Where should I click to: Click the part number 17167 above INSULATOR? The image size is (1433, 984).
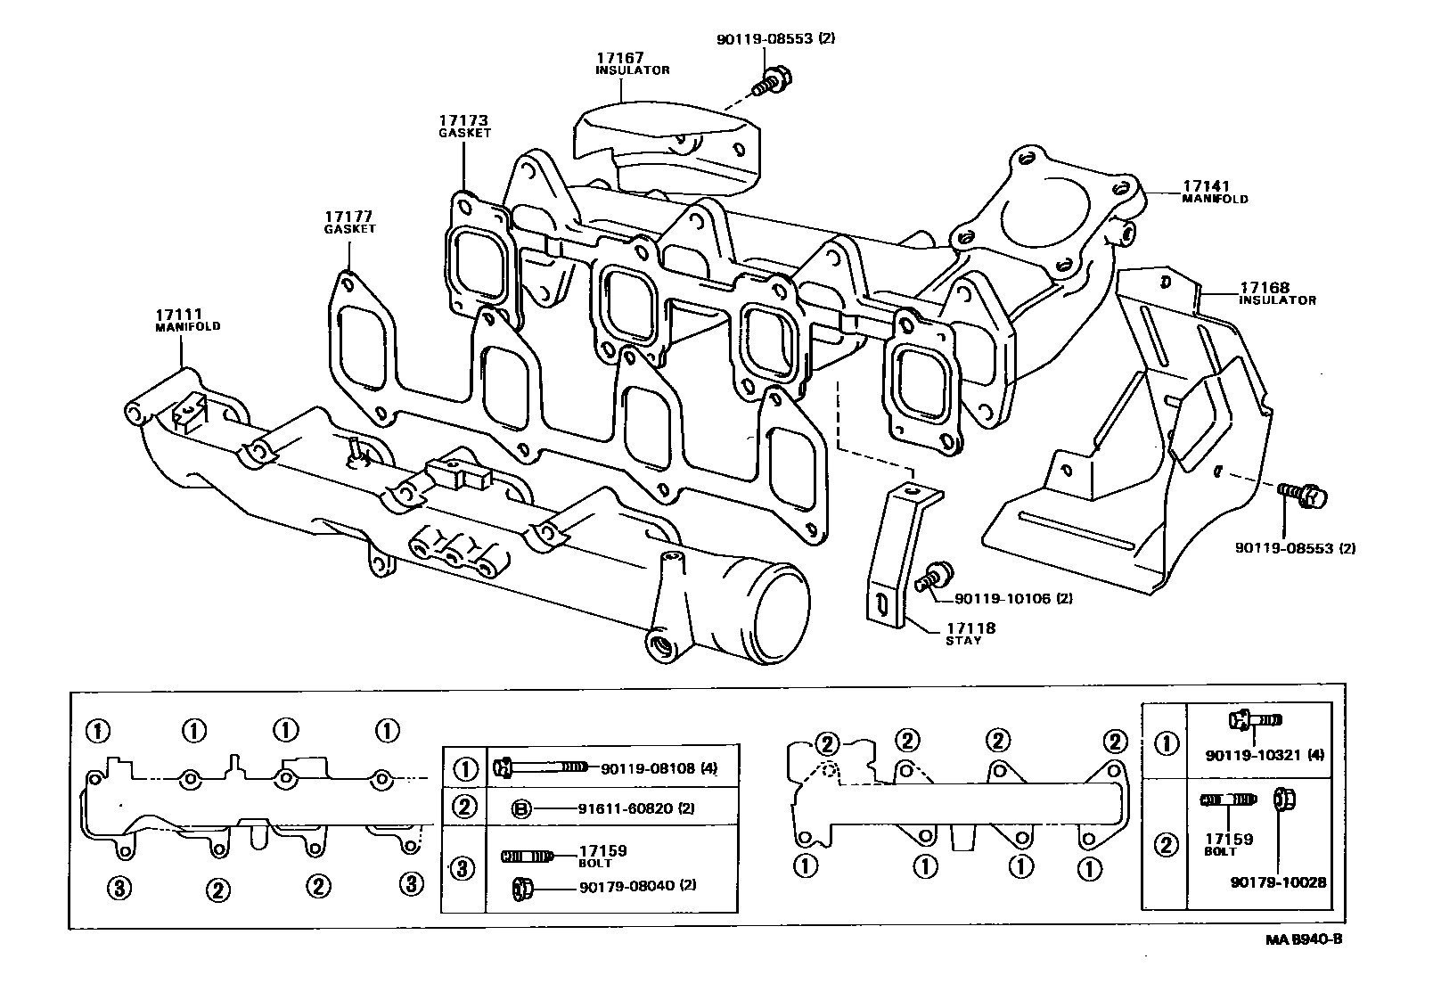click(x=620, y=58)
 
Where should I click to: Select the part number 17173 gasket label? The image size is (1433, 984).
click(x=463, y=121)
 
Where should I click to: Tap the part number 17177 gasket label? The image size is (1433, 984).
click(x=348, y=217)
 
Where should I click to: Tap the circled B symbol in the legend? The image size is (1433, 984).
click(x=522, y=808)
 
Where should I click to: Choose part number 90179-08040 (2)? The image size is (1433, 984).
click(x=637, y=887)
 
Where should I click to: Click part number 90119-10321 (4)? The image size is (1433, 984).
click(x=1265, y=755)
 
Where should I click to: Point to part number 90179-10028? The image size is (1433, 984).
click(x=1279, y=882)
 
